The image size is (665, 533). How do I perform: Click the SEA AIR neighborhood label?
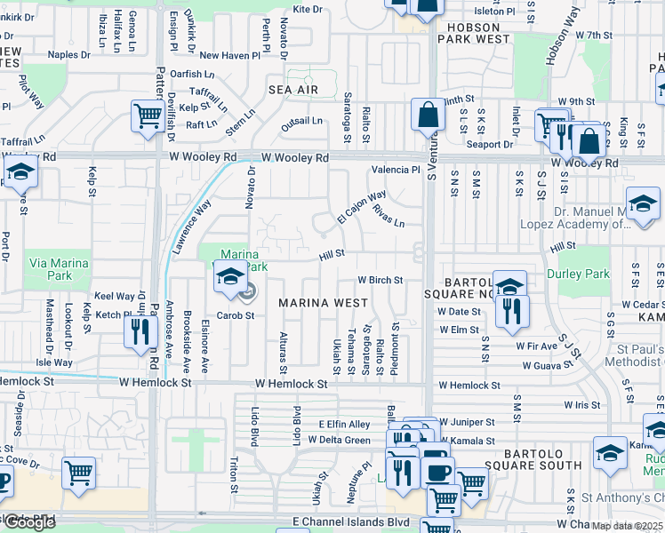click(x=292, y=91)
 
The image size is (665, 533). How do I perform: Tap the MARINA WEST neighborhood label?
click(x=323, y=303)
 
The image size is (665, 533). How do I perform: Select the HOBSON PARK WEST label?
click(x=474, y=33)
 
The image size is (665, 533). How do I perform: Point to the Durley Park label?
click(x=578, y=274)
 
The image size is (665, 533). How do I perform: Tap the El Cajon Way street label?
click(x=362, y=207)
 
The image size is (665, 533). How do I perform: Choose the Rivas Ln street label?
click(x=389, y=215)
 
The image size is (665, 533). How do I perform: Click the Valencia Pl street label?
click(x=396, y=170)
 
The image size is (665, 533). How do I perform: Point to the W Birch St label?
click(x=381, y=280)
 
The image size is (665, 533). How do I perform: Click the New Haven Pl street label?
click(x=228, y=55)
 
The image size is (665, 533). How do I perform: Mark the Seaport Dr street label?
click(x=490, y=145)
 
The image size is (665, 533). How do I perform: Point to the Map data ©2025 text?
click(x=628, y=526)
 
